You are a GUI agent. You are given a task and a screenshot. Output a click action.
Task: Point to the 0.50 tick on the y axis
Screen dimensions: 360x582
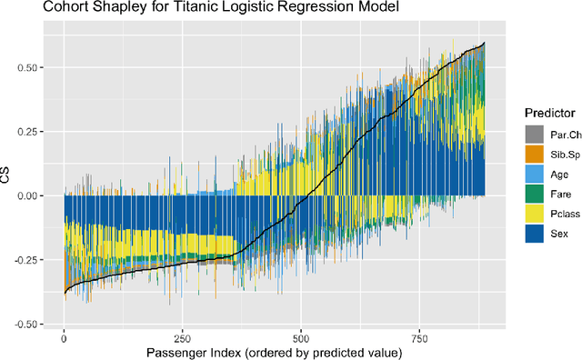click(x=35, y=67)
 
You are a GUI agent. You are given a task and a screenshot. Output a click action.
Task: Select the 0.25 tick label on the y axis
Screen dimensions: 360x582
click(x=35, y=131)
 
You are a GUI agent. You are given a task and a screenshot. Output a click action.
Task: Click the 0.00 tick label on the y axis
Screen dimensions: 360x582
click(x=35, y=195)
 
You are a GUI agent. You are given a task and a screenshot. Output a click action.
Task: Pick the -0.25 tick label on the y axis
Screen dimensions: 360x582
click(x=33, y=259)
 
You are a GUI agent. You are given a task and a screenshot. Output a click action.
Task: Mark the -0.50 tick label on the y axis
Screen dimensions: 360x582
click(x=33, y=324)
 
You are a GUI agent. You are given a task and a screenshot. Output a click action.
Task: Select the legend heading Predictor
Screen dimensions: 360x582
click(x=549, y=112)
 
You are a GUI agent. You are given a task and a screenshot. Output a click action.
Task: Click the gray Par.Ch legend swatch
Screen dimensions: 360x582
click(x=535, y=134)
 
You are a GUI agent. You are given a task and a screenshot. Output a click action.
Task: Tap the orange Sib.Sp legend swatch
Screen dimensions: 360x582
click(x=535, y=154)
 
